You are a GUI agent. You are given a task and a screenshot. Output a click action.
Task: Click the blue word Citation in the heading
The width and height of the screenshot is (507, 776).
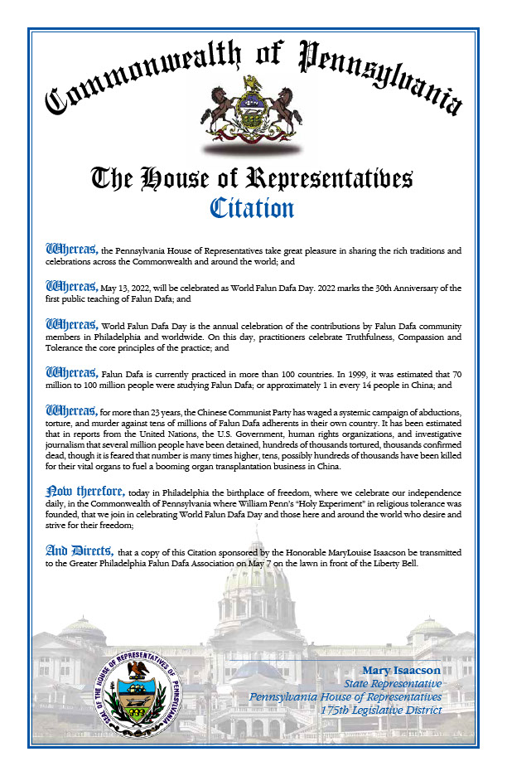click(253, 206)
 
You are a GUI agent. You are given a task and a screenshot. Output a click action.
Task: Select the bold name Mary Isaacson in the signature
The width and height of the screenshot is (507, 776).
click(402, 670)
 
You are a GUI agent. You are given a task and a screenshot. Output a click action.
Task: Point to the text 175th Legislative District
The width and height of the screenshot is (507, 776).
click(381, 710)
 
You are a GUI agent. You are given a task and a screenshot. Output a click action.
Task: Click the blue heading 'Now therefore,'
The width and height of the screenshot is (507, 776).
click(85, 492)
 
